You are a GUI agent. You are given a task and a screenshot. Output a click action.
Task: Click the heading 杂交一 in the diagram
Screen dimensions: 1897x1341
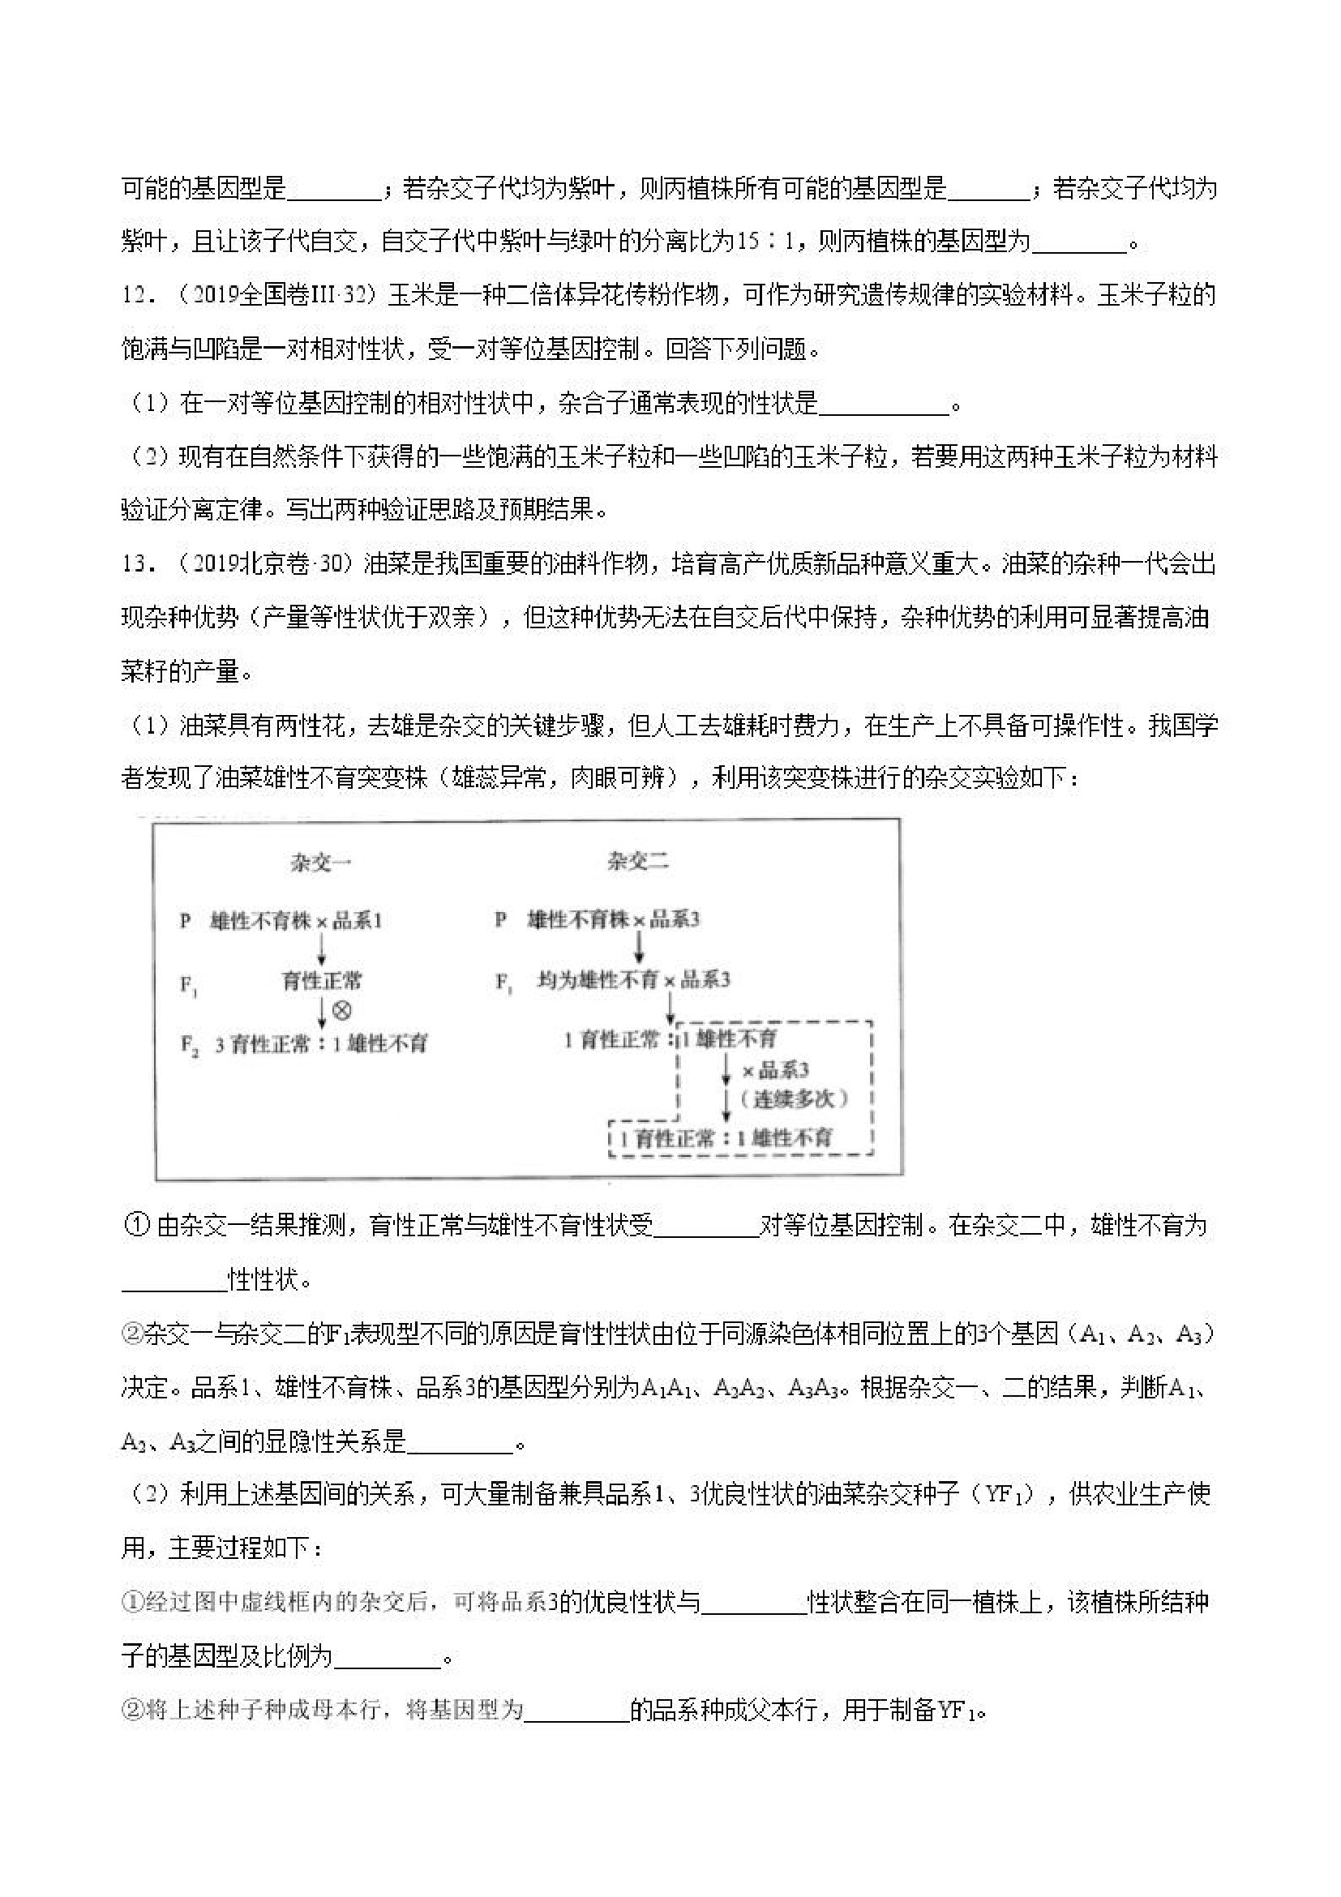tap(320, 863)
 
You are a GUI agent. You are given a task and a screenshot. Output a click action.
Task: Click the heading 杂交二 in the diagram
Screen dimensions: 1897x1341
tap(638, 863)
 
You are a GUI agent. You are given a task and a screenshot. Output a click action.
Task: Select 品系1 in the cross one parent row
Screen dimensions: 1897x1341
tap(357, 920)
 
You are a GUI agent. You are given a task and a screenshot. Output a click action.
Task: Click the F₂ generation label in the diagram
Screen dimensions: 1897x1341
tap(189, 1045)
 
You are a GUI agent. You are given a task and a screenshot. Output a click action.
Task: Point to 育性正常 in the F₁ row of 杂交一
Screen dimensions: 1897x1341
tap(321, 982)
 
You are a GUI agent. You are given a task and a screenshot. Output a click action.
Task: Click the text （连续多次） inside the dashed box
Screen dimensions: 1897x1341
tap(794, 1098)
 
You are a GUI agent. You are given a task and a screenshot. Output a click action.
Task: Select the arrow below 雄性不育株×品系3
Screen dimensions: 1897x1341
tap(639, 947)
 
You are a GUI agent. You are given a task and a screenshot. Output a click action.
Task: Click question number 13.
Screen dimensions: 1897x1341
tap(137, 565)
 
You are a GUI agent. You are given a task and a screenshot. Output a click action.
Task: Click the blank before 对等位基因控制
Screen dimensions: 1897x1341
tap(705, 1226)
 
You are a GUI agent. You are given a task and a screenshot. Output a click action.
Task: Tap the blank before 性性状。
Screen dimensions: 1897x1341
tap(174, 1280)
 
